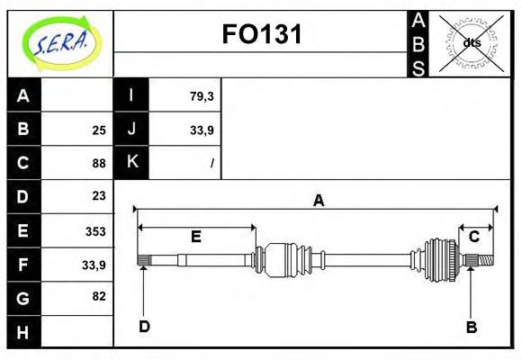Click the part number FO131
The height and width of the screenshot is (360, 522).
coord(262,34)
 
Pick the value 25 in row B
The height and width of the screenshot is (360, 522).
coord(99,130)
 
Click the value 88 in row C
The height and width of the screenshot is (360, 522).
coord(99,163)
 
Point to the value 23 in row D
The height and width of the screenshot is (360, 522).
coord(99,195)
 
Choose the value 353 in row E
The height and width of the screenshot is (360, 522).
coord(95,230)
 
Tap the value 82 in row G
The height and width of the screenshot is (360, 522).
coord(99,295)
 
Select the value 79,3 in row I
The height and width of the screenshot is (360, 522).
coord(202,96)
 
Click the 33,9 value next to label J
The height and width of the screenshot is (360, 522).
coord(202,130)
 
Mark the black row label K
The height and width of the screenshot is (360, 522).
coord(131,162)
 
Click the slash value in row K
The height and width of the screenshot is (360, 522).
coord(211,163)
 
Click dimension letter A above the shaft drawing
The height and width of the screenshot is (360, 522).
coord(318,201)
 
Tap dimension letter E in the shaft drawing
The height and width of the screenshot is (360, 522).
coord(195,238)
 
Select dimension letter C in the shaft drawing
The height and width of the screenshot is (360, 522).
coord(473,237)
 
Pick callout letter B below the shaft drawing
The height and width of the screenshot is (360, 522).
coord(471,328)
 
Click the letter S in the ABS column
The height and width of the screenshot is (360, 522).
coord(418,68)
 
